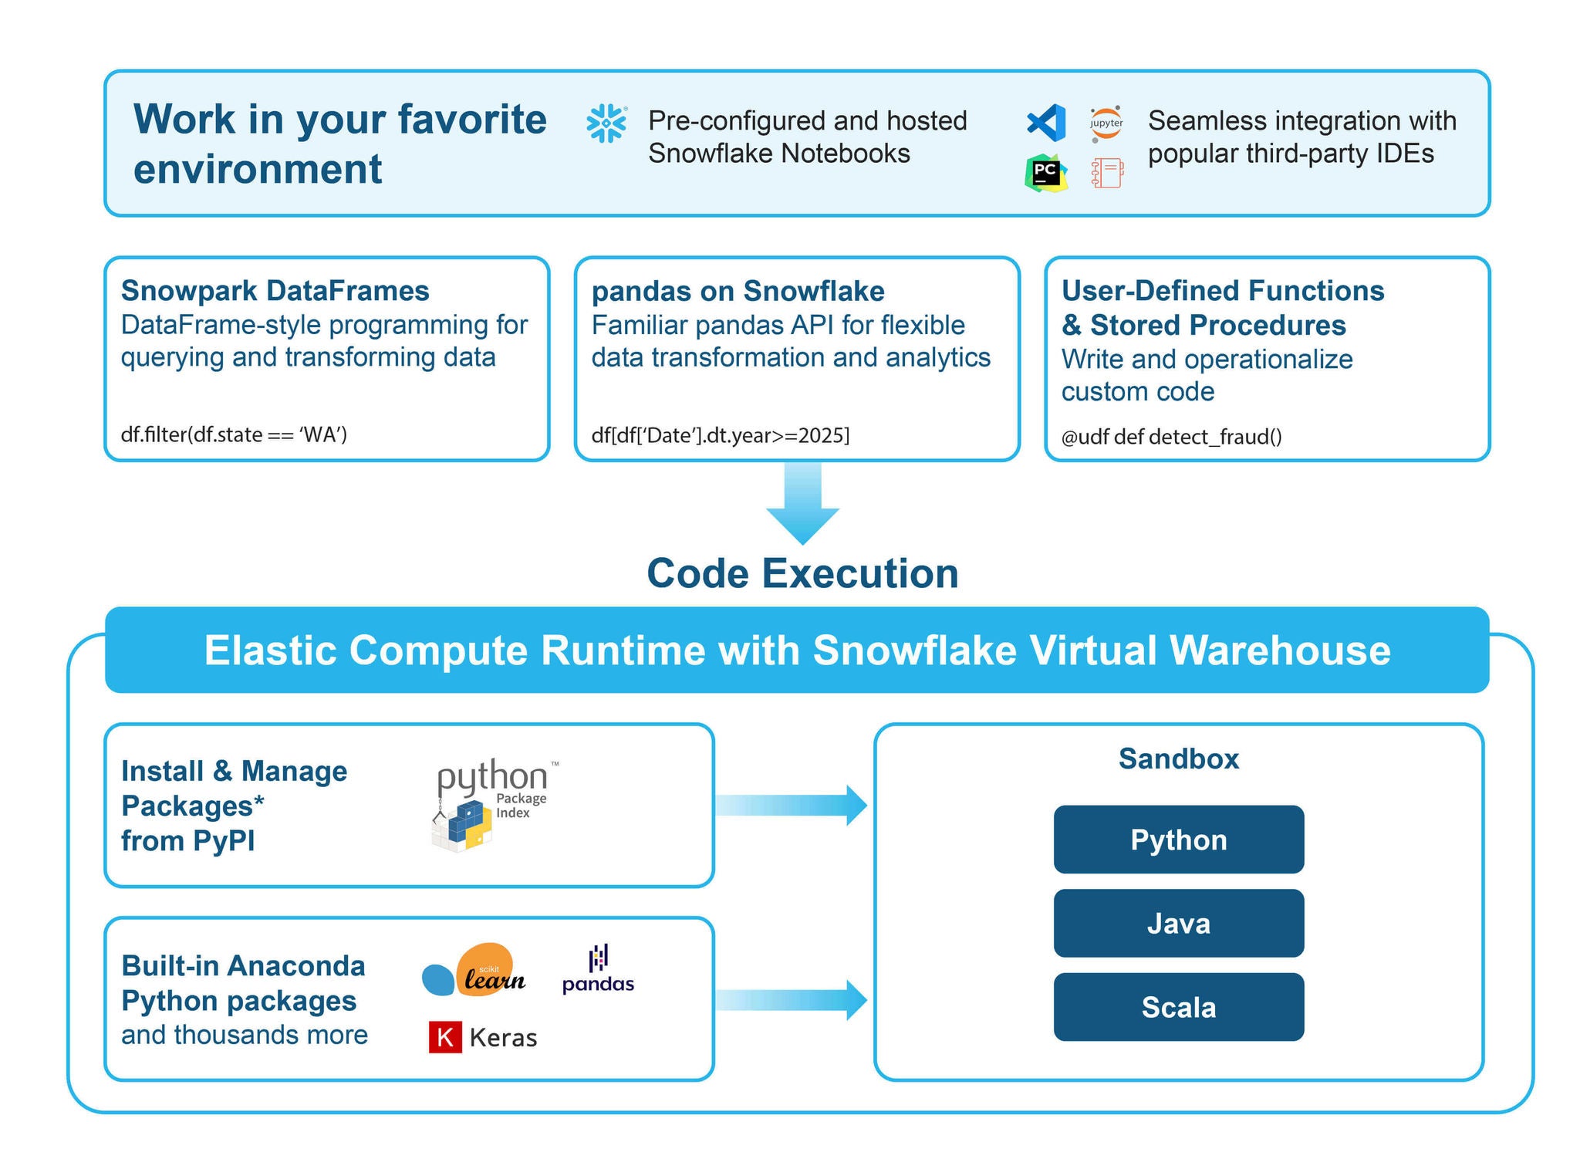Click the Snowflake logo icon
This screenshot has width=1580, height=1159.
click(x=606, y=123)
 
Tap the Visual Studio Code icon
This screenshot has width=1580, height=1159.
click(x=1046, y=122)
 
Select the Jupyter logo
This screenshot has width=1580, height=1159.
click(x=1106, y=123)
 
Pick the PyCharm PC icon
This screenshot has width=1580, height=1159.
click(x=1045, y=173)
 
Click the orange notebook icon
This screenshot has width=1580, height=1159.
click(x=1107, y=173)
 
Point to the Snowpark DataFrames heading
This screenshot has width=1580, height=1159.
click(x=275, y=291)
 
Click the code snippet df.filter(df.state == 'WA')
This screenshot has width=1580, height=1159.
click(x=234, y=434)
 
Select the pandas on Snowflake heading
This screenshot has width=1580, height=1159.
click(x=738, y=291)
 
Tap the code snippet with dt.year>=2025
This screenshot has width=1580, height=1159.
click(x=720, y=435)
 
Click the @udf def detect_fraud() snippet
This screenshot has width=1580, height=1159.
click(x=1171, y=437)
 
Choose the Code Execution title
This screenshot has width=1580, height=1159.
click(x=802, y=573)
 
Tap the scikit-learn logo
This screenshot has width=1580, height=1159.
click(x=474, y=971)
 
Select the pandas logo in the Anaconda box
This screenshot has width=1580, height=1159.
click(x=598, y=969)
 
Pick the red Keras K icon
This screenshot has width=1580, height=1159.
click(x=445, y=1037)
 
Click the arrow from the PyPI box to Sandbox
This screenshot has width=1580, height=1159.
click(x=791, y=806)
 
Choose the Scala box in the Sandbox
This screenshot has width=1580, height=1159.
click(x=1178, y=1007)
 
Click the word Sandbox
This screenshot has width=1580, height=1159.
click(x=1178, y=759)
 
